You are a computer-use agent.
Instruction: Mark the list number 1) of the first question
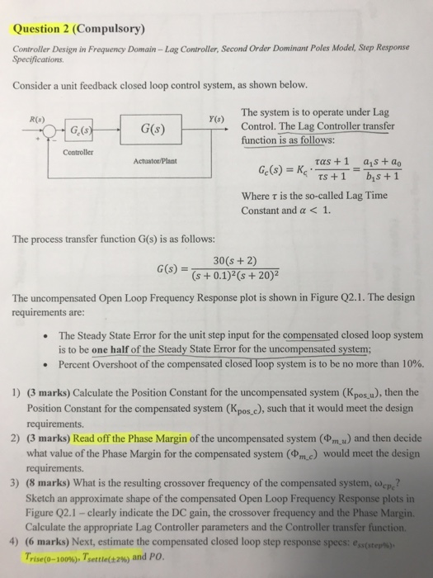click(x=17, y=391)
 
